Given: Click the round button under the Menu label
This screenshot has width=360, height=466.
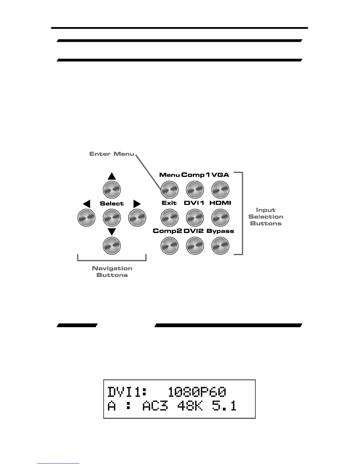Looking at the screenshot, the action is tap(170, 189).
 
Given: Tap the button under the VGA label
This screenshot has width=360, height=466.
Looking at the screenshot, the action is tap(220, 189).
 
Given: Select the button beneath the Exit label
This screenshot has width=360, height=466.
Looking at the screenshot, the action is tap(170, 218).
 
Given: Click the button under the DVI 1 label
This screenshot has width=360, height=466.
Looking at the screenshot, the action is tap(195, 218).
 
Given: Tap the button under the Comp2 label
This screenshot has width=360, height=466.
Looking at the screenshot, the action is tap(170, 246).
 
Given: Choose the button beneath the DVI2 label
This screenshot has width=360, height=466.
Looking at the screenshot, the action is tap(195, 246).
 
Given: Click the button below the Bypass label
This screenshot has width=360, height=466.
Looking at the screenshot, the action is tap(220, 246).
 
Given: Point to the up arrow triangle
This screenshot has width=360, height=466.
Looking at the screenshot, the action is tap(112, 176).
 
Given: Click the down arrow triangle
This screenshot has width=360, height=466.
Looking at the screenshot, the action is tap(112, 232).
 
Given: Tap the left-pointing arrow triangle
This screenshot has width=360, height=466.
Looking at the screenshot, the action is tap(86, 204).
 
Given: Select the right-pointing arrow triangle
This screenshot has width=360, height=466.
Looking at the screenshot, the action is tap(137, 204).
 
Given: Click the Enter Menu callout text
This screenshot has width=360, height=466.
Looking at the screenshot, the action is tap(112, 154).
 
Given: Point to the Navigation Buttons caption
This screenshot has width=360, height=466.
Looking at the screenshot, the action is tap(112, 272).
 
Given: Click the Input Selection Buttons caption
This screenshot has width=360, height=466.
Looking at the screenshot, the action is tap(266, 217).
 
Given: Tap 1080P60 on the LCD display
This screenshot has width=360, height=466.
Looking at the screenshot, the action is tap(197, 392).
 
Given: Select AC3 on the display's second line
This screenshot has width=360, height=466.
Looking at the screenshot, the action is tap(155, 407).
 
